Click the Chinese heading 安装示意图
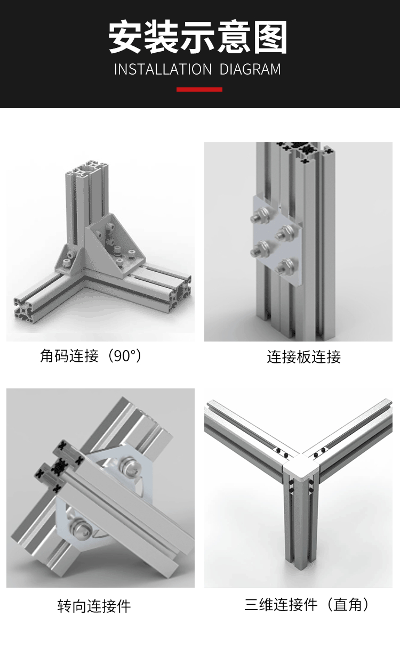click(x=198, y=38)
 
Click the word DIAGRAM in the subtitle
click(x=250, y=69)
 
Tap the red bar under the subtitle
click(x=199, y=90)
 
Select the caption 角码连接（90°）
click(x=91, y=356)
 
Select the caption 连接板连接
click(x=303, y=356)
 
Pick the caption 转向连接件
click(x=94, y=606)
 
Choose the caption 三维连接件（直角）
click(x=307, y=605)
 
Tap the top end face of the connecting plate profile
click(x=303, y=149)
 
